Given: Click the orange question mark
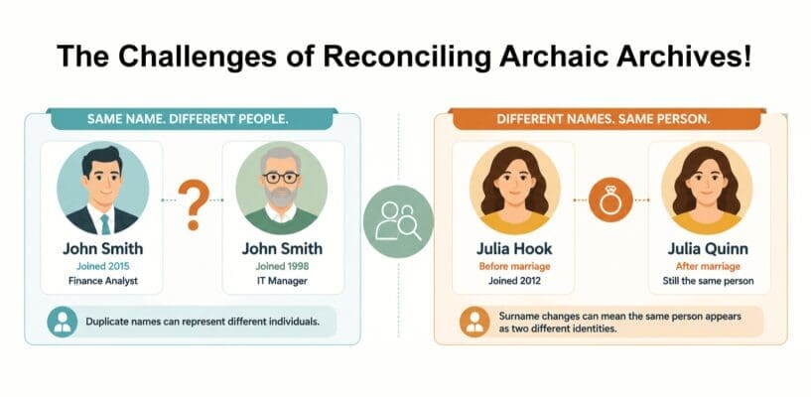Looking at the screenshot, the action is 194,204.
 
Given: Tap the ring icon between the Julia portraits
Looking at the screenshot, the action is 610,199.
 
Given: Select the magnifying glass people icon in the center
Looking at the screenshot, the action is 398,221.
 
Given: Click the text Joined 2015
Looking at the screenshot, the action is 103,266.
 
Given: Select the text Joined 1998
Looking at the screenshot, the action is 282,266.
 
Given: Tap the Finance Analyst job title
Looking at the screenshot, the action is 103,281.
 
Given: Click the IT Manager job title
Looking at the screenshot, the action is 282,281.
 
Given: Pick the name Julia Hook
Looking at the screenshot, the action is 514,249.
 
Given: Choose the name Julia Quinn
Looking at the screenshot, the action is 708,249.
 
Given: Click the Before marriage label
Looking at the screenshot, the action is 514,267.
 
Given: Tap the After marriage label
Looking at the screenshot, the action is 708,267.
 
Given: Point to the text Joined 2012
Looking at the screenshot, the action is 514,281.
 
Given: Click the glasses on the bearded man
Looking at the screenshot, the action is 281,178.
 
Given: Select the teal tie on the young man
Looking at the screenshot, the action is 106,224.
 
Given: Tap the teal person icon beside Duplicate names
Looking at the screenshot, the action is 63,322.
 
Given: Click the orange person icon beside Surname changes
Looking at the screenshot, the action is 474,322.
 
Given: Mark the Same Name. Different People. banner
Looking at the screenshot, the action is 192,119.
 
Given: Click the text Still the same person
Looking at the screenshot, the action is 708,281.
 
